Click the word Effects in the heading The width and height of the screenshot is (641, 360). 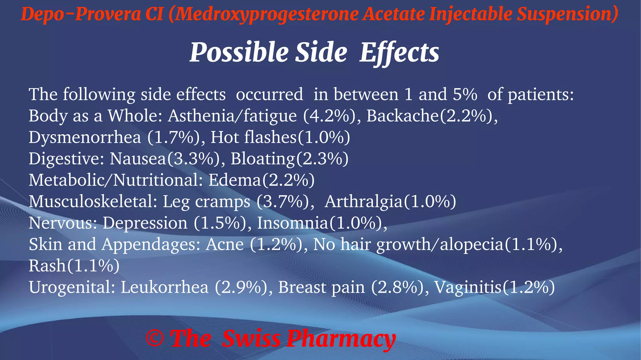point(399,52)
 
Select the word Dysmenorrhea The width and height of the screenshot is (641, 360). point(85,137)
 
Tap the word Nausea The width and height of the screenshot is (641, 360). point(138,159)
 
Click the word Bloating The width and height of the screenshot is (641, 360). point(263,159)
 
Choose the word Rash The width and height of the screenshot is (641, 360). point(47,266)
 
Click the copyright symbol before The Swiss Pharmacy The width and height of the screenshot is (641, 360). point(155,338)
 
